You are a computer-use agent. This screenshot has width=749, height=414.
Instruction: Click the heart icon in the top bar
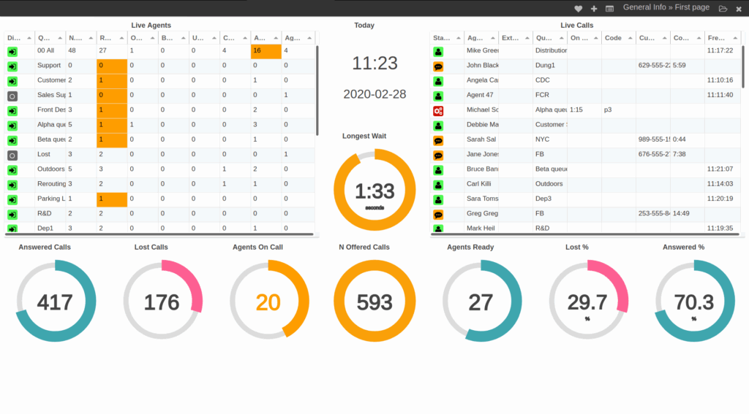(578, 9)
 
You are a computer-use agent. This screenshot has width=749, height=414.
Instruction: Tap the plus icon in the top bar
(594, 9)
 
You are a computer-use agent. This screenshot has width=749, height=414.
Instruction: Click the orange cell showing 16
(266, 51)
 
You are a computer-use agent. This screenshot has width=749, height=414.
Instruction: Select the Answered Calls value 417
(55, 302)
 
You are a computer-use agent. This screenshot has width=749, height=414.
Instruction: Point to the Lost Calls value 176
(162, 302)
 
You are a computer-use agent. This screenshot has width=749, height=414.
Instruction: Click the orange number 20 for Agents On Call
(268, 302)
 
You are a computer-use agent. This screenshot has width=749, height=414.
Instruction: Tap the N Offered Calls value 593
(374, 302)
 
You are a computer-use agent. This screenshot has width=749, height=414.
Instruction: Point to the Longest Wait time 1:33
(374, 191)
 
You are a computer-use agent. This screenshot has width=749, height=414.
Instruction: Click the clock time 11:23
(374, 64)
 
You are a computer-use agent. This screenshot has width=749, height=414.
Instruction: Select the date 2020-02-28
(374, 94)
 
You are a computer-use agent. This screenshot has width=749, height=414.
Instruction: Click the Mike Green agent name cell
(482, 51)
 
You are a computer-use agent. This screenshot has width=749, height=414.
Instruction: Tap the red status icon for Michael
(438, 110)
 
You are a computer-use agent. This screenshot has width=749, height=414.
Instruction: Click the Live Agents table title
(151, 26)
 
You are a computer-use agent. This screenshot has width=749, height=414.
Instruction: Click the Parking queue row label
(51, 199)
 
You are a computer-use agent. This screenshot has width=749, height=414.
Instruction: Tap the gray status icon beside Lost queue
(12, 155)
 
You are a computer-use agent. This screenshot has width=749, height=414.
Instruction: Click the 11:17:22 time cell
(720, 51)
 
